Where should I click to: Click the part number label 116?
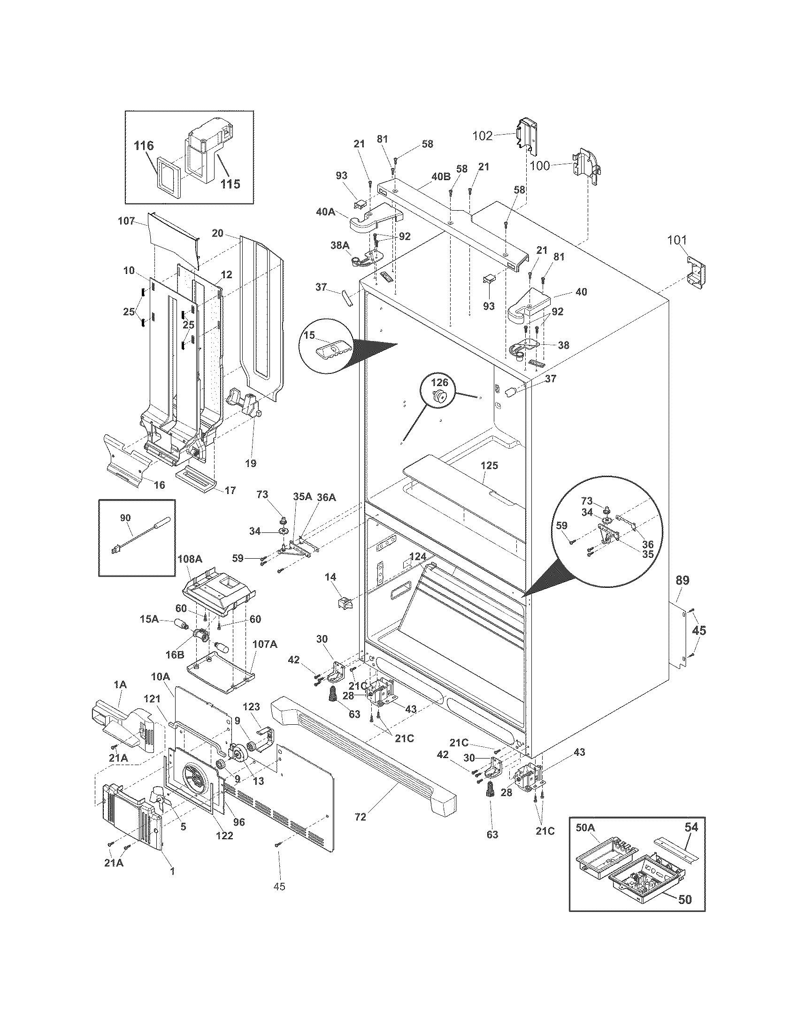tap(144, 145)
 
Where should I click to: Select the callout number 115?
tap(230, 184)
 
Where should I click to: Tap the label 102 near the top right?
tap(483, 136)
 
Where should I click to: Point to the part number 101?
tap(676, 240)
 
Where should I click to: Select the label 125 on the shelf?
tap(489, 465)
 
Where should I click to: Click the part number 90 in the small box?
tap(125, 518)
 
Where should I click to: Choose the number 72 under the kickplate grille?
tap(360, 817)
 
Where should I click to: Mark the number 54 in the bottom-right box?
tap(691, 827)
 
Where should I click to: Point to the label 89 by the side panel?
tap(682, 580)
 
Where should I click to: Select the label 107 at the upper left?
tap(126, 220)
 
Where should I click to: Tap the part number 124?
tap(417, 557)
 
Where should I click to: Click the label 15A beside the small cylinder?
tap(149, 619)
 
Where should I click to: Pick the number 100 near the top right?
tap(540, 166)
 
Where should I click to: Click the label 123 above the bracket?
tap(252, 720)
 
